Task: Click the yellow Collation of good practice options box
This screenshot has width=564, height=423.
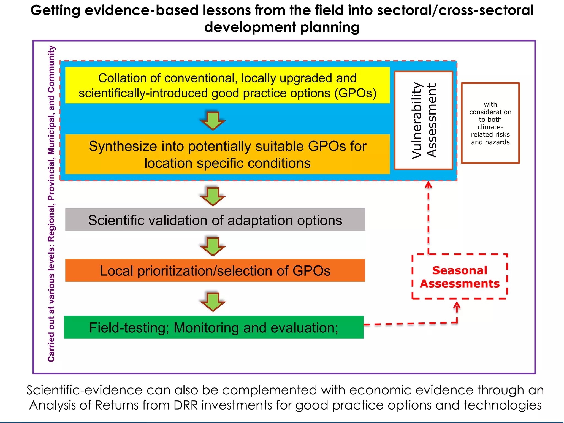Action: tap(227, 85)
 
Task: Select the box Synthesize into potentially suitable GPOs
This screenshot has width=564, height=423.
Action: tap(227, 154)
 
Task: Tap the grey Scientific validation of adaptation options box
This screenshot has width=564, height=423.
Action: tap(215, 220)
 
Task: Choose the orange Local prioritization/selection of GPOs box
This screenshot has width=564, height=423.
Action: tap(215, 270)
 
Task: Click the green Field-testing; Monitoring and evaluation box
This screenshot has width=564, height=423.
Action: tap(214, 327)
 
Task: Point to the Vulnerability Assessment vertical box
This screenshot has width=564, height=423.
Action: tap(424, 120)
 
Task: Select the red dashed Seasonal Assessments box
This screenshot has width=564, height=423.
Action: tap(459, 276)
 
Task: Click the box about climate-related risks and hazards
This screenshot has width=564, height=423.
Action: tap(490, 123)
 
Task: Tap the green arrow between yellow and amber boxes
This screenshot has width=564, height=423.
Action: tap(213, 121)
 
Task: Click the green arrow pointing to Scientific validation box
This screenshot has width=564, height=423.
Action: tap(213, 197)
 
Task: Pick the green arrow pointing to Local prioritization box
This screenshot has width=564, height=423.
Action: tap(213, 246)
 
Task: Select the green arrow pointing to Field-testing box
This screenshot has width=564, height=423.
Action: tap(213, 302)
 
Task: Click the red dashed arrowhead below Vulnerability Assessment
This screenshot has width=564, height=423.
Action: tap(428, 185)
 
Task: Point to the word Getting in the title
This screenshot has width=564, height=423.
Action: tap(55, 10)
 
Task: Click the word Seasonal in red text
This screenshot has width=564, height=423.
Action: tap(459, 270)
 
